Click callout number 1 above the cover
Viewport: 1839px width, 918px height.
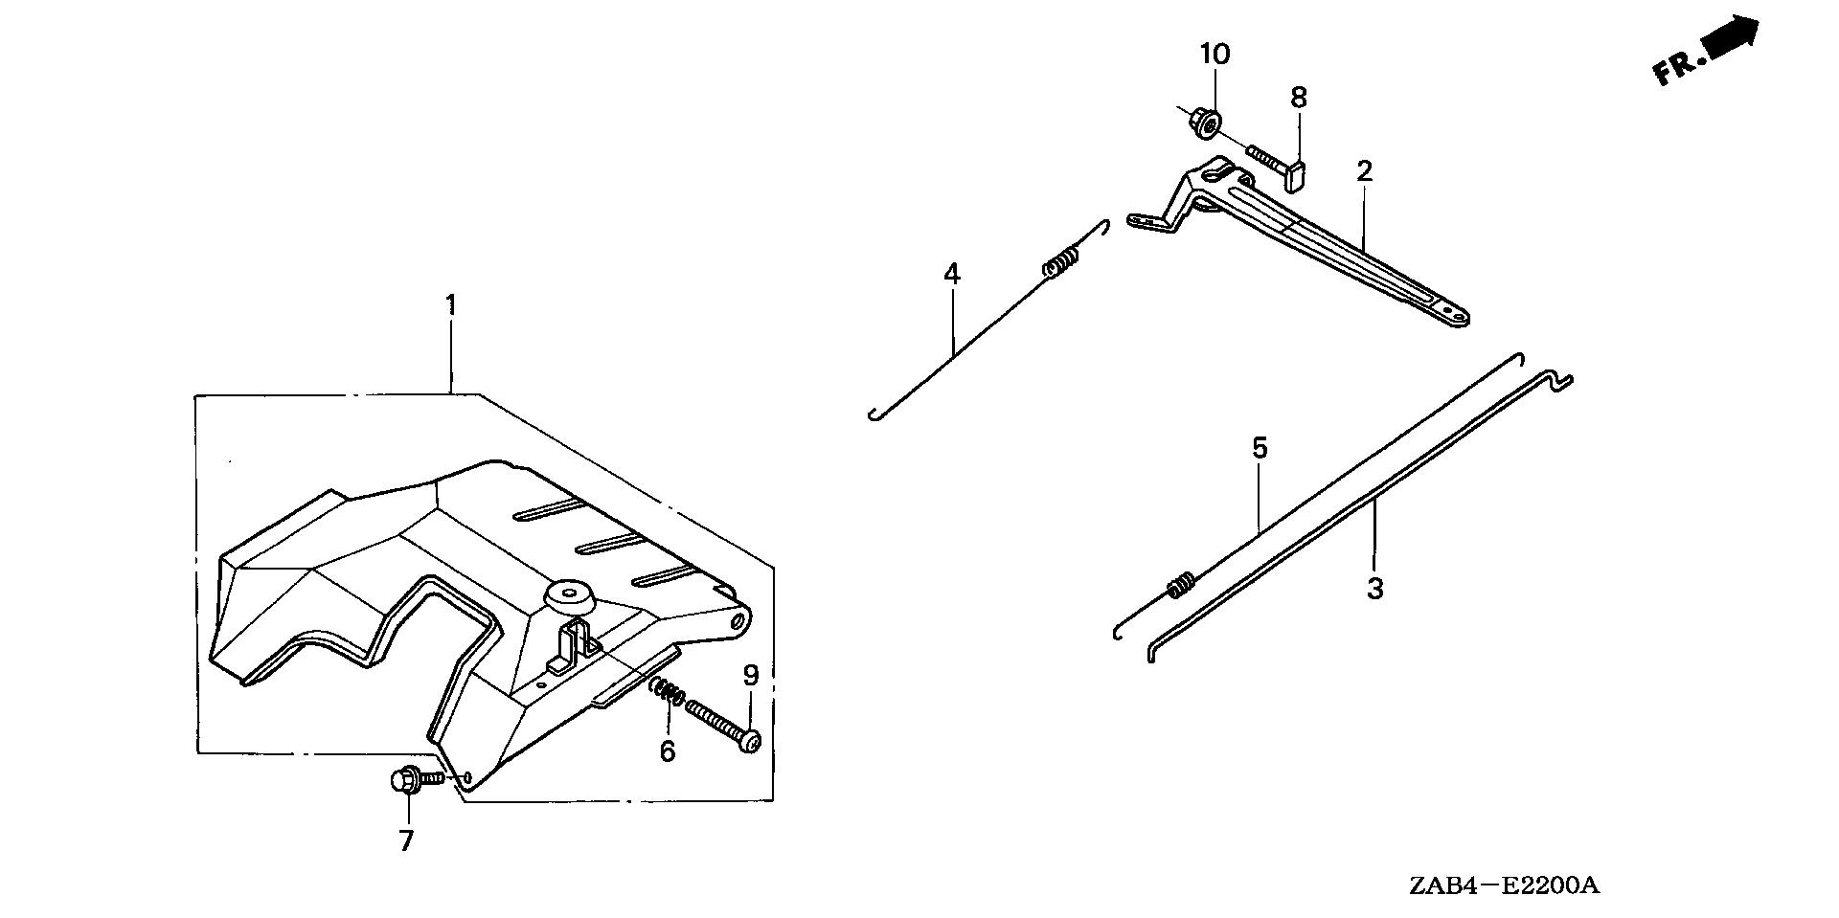click(x=450, y=306)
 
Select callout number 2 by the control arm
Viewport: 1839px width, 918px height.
click(x=1364, y=172)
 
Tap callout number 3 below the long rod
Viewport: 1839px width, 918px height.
click(x=1375, y=589)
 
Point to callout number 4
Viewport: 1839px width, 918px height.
click(x=951, y=275)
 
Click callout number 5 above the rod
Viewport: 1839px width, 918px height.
click(x=1260, y=448)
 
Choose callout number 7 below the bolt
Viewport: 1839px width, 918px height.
click(x=406, y=841)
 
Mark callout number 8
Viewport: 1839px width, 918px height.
click(x=1299, y=98)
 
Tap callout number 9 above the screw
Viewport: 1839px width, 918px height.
click(x=751, y=677)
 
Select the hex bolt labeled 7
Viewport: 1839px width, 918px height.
click(x=406, y=779)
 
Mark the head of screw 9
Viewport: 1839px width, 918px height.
click(x=752, y=742)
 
